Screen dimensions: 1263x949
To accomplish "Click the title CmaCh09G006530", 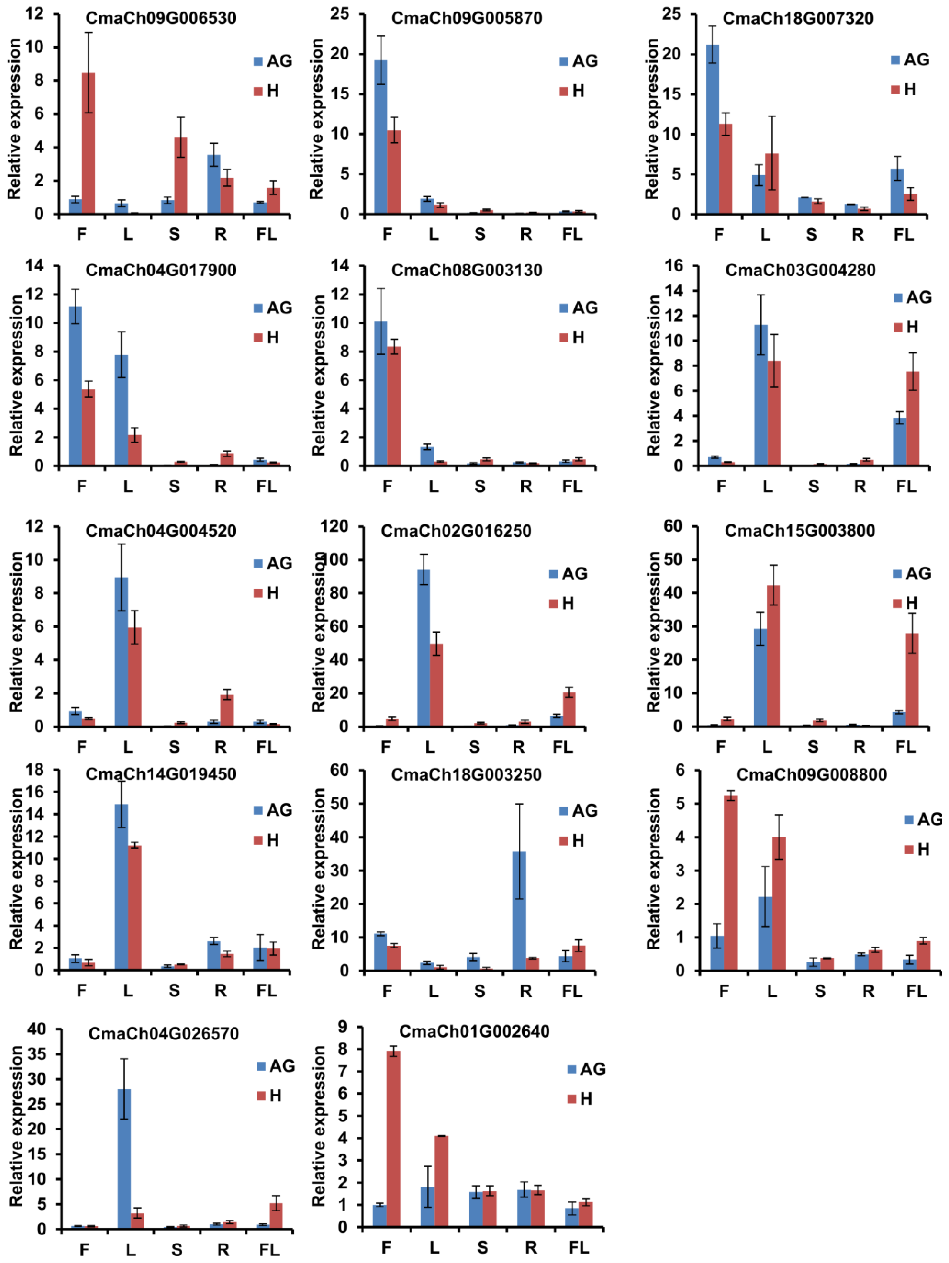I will (x=161, y=18).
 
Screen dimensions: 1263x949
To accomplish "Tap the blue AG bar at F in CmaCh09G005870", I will (x=381, y=137).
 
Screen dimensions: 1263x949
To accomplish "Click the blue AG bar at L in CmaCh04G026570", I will (x=124, y=1159).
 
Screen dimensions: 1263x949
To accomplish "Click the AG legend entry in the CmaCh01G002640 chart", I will (x=587, y=1069).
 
